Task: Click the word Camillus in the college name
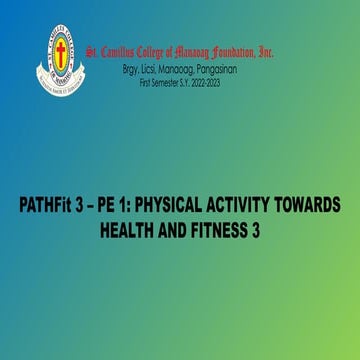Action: [x=123, y=51]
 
